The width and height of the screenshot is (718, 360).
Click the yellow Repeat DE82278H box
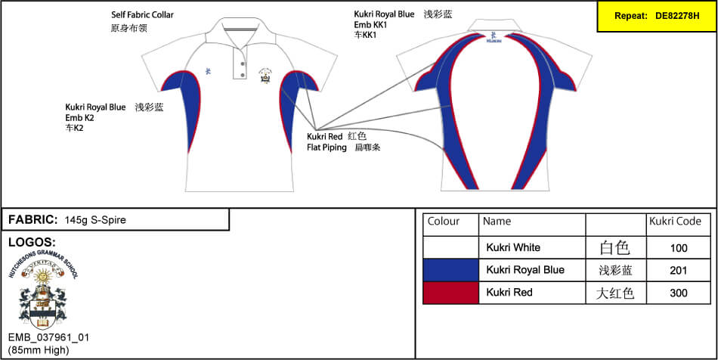tap(656, 16)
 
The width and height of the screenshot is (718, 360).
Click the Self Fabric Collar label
tap(142, 14)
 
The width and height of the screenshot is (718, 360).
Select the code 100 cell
tap(679, 247)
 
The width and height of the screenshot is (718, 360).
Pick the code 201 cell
tap(679, 270)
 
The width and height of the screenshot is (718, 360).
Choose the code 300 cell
tap(679, 293)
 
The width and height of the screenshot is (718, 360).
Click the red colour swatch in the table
tap(450, 293)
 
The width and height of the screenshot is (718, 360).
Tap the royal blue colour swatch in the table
tap(450, 270)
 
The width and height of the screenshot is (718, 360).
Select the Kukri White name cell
tap(513, 247)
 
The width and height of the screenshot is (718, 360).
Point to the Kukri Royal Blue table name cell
tap(525, 270)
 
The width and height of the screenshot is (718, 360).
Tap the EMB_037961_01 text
tap(48, 337)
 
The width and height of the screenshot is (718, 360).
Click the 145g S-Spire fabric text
tap(95, 220)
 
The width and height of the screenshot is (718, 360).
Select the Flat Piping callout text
tap(327, 147)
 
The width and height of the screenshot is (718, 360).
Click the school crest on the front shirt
tap(265, 76)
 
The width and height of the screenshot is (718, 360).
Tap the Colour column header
tap(444, 222)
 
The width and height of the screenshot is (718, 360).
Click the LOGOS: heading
tap(31, 242)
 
